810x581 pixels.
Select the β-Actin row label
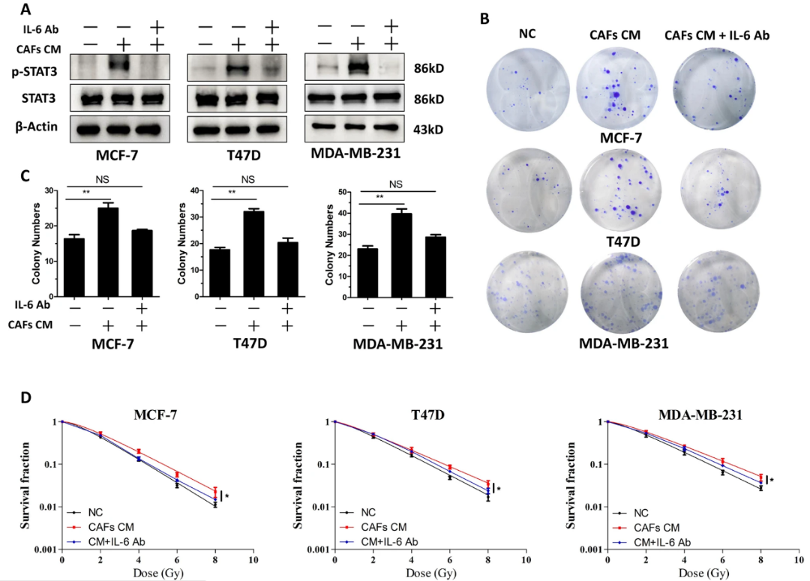tap(38, 129)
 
